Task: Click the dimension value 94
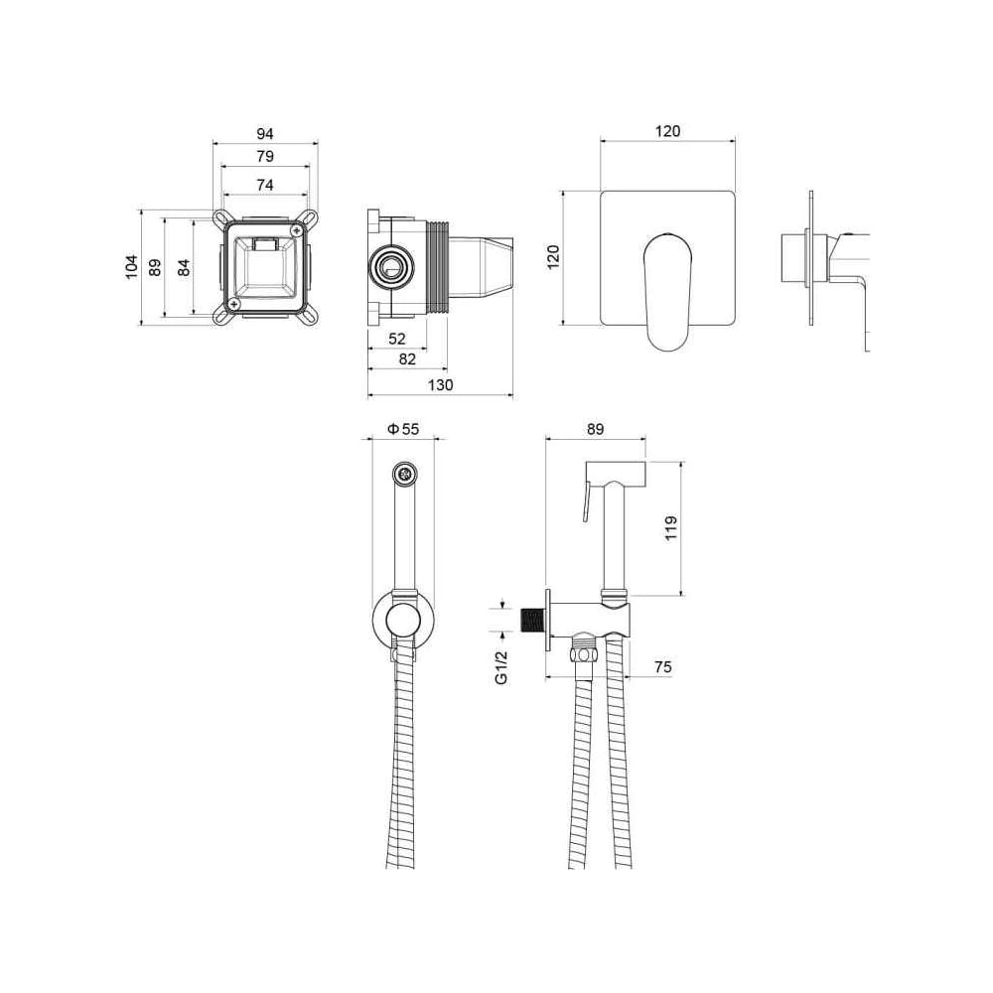pos(265,134)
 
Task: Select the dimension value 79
pos(265,156)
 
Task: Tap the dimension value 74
pos(265,185)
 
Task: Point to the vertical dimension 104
pos(131,266)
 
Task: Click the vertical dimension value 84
pos(184,267)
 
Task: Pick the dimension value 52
pos(396,339)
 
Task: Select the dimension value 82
pos(407,359)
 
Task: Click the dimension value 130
pos(440,385)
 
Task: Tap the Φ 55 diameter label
pos(403,429)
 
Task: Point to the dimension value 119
pos(671,527)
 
